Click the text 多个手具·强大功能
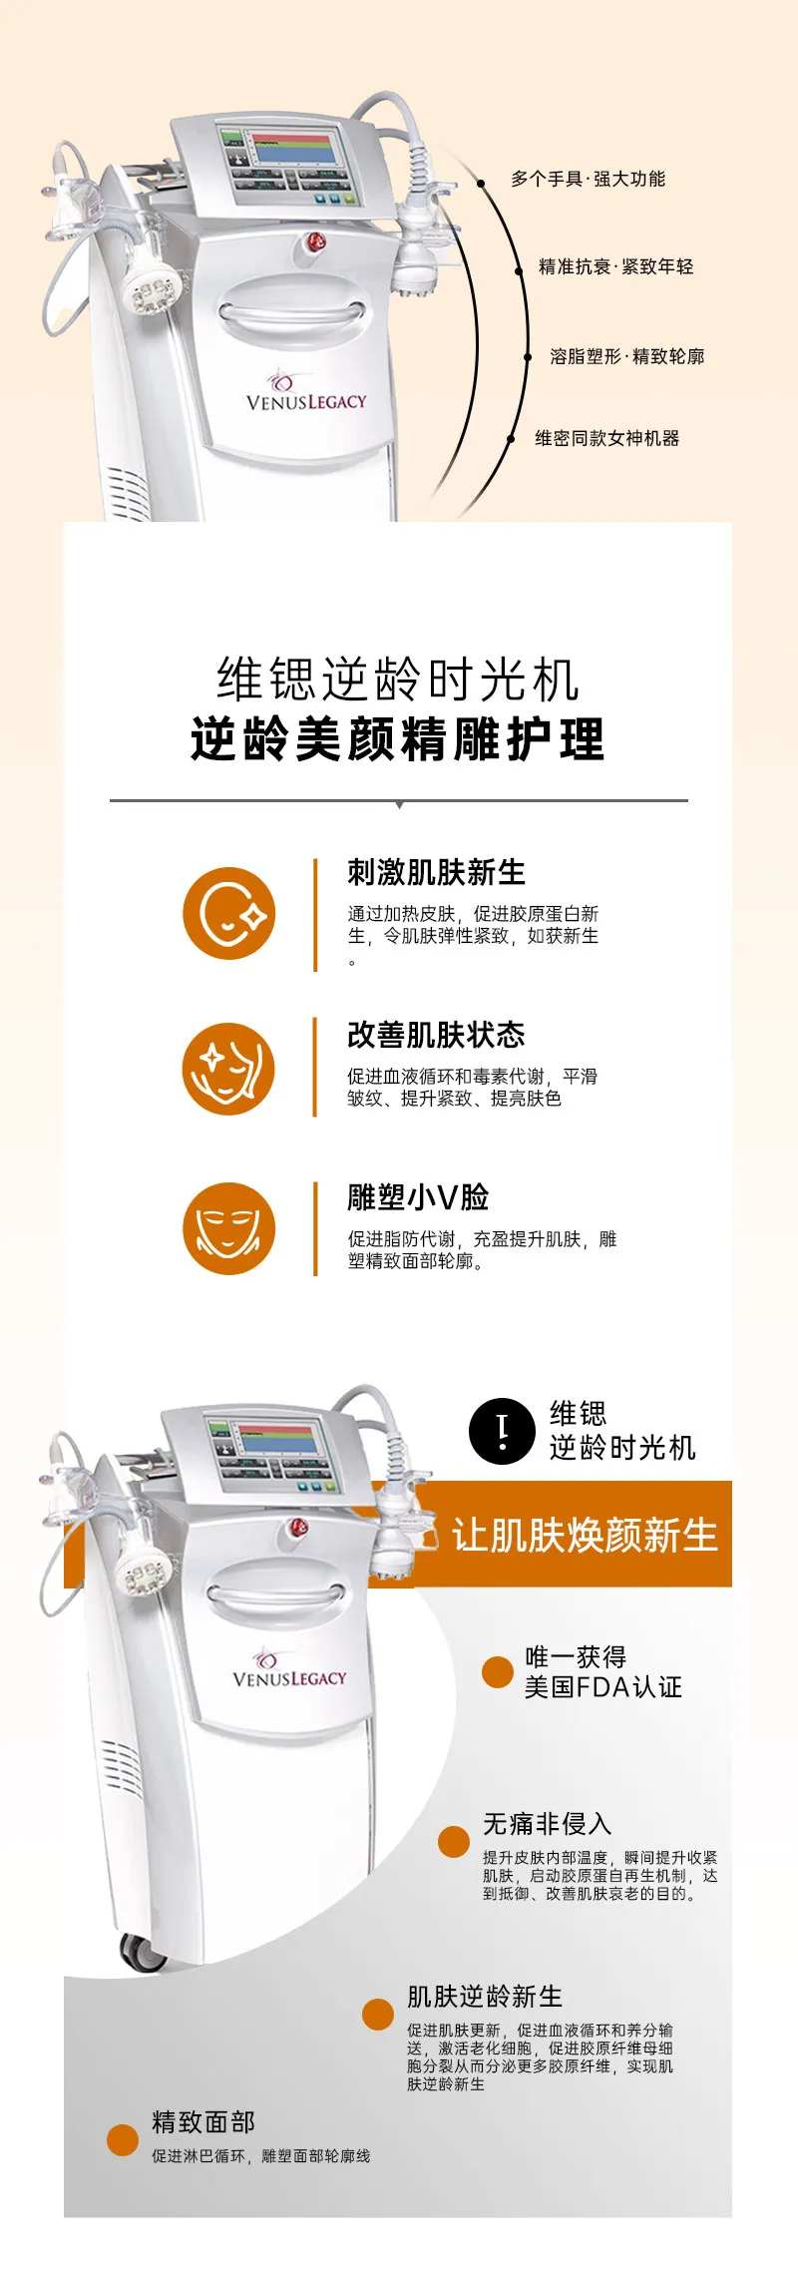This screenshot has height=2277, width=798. pos(589,180)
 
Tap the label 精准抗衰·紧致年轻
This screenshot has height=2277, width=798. pos(616,266)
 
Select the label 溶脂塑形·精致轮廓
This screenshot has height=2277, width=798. pos(627,356)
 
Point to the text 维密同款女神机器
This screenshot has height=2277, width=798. pos(607,438)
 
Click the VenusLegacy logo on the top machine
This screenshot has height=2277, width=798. pos(305,392)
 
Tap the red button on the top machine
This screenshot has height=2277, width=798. pos(316,240)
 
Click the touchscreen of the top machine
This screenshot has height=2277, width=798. pos(290,164)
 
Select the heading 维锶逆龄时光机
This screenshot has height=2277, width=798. pos(398,680)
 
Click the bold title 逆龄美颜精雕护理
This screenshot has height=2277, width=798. pos(398,740)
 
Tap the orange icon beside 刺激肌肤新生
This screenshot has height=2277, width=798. pos(228,913)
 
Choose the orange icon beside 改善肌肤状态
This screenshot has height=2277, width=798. pos(228,1068)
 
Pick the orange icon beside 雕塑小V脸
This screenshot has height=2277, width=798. pos(228,1228)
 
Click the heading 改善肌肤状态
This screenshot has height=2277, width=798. pos(436,1035)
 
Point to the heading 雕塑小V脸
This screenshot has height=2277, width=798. pos(418,1197)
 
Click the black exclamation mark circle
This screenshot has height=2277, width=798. pos(502,1431)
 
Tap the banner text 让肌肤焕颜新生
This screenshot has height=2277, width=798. pos(585,1535)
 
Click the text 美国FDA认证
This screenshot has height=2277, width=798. pos(603,1687)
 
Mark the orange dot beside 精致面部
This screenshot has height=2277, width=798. pos(122,2139)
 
